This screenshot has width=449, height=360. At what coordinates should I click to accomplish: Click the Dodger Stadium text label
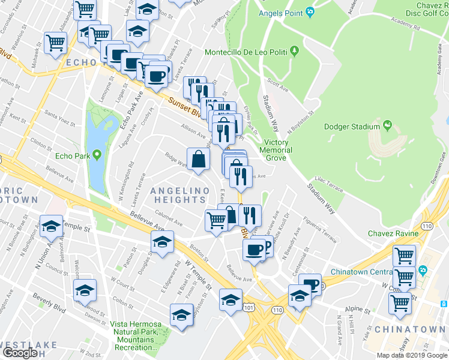click(351, 127)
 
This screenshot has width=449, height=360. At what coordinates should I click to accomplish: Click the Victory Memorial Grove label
click(278, 150)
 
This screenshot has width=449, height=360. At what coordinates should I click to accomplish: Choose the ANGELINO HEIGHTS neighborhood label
click(179, 195)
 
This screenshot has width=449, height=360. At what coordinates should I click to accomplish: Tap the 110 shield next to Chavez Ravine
click(426, 226)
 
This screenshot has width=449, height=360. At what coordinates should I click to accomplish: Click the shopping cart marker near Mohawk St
click(55, 43)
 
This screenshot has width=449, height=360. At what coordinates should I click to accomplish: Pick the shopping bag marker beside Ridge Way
click(199, 160)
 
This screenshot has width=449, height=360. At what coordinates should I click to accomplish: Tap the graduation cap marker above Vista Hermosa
click(181, 314)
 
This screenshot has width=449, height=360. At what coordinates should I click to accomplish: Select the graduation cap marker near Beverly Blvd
click(85, 290)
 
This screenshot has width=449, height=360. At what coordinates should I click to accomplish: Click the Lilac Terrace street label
click(328, 184)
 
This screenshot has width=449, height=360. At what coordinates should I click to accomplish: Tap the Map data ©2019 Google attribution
click(411, 355)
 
